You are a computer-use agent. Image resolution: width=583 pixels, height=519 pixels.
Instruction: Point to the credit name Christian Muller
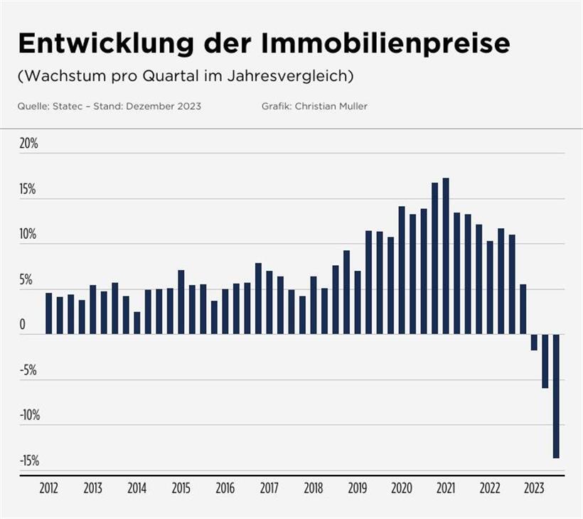point(331,106)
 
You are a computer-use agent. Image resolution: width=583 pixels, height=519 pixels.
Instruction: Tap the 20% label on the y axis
point(28,144)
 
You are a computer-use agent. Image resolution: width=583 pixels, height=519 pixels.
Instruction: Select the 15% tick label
point(28,190)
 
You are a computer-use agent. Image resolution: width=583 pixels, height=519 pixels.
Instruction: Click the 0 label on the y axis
point(23,326)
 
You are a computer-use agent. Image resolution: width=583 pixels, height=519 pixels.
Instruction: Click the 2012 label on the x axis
point(49,489)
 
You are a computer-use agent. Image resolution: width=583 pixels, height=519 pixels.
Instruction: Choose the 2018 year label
point(314,489)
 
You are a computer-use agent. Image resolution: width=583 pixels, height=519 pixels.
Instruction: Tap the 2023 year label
point(534,489)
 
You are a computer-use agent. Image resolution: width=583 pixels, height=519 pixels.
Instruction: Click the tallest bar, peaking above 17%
point(446,256)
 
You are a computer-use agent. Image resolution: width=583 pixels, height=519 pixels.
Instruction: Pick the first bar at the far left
point(49,314)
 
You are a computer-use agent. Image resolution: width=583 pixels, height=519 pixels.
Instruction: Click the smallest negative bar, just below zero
point(534,342)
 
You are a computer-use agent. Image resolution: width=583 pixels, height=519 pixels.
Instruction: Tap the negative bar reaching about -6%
point(545,361)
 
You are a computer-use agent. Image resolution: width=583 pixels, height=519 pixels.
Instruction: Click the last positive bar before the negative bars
point(523,309)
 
